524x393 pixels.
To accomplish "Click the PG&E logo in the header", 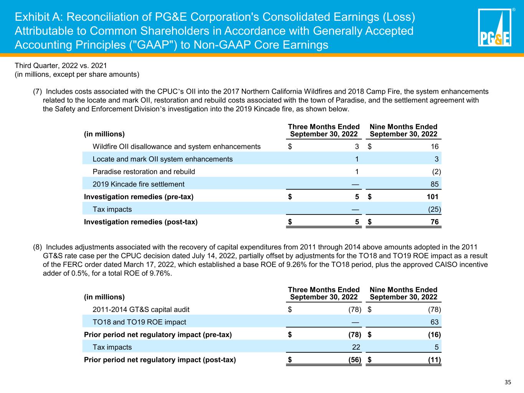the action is (x=495, y=27).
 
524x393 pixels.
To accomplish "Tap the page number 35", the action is (x=508, y=382).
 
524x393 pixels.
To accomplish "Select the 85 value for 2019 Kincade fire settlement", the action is (x=435, y=184).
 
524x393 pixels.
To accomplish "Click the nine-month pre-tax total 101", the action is (x=433, y=197).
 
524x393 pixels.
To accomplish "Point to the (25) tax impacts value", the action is (x=435, y=210).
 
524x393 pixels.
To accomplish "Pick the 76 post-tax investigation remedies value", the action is (x=435, y=222).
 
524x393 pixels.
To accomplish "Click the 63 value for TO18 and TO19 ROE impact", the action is (x=435, y=322).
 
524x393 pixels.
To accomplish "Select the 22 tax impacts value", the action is (x=356, y=347).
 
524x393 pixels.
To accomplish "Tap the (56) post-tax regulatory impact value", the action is (x=355, y=360).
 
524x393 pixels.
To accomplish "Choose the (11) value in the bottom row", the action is (x=435, y=360).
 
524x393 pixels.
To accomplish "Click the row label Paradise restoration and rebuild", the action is (x=144, y=172).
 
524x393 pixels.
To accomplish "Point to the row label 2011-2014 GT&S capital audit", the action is (x=141, y=310).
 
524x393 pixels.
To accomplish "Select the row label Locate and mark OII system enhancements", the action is (x=162, y=159).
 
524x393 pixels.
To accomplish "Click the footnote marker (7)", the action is (x=37, y=92).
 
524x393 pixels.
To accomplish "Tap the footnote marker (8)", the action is (x=37, y=247).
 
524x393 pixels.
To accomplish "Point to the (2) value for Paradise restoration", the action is (x=436, y=172).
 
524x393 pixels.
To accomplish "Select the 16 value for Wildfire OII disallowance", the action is (x=435, y=147).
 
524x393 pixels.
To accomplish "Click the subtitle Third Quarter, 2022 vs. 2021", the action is (x=61, y=66).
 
